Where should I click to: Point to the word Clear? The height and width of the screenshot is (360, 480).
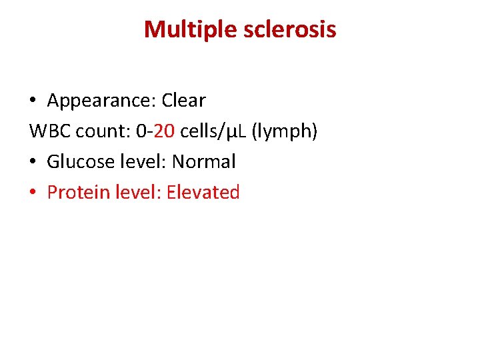click(183, 101)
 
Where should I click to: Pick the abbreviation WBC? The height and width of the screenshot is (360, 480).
click(50, 131)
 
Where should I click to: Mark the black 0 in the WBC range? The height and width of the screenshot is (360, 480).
click(140, 131)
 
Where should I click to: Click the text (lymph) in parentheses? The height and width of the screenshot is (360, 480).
click(285, 132)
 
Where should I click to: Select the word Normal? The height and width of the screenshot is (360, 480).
click(204, 162)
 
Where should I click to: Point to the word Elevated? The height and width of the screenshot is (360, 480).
click(203, 193)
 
